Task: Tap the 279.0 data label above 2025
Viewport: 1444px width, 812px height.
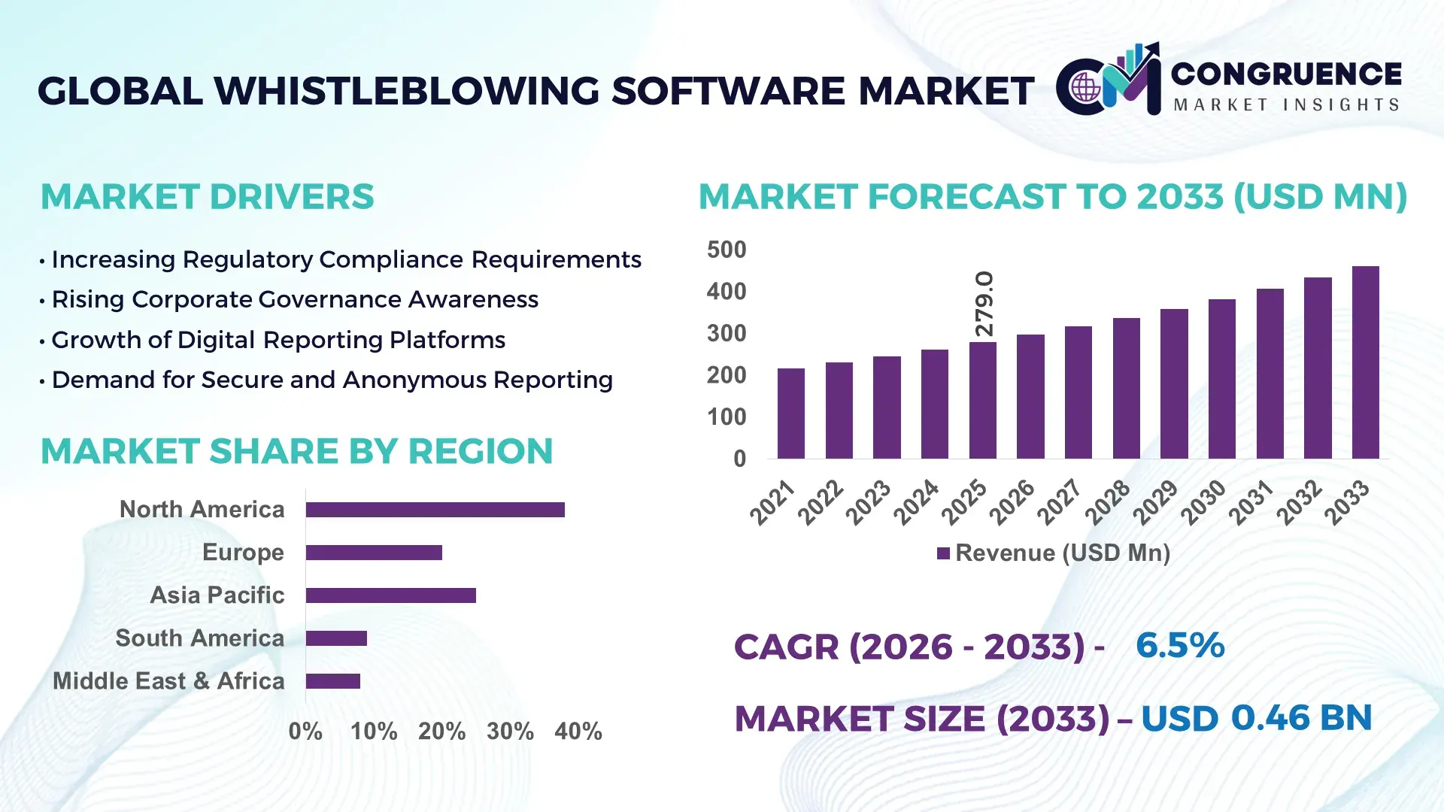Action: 984,304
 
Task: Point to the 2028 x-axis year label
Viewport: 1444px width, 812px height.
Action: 1108,501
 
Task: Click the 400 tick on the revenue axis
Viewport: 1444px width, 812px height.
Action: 726,291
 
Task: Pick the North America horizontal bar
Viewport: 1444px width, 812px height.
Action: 435,510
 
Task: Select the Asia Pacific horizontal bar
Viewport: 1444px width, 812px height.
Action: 390,595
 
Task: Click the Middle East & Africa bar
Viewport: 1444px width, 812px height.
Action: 332,681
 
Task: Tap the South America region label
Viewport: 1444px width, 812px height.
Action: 199,638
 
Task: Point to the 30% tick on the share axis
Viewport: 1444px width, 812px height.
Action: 510,731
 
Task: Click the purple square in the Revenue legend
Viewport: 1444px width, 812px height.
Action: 943,553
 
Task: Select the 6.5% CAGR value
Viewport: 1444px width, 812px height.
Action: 1179,645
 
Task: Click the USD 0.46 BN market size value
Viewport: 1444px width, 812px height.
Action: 1256,718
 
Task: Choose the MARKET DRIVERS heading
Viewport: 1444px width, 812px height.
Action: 207,197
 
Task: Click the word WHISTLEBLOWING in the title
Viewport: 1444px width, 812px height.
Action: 408,91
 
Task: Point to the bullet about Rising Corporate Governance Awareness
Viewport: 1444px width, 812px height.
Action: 294,299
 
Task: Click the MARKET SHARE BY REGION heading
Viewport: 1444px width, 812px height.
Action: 296,451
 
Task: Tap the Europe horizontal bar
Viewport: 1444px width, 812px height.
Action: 374,553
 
